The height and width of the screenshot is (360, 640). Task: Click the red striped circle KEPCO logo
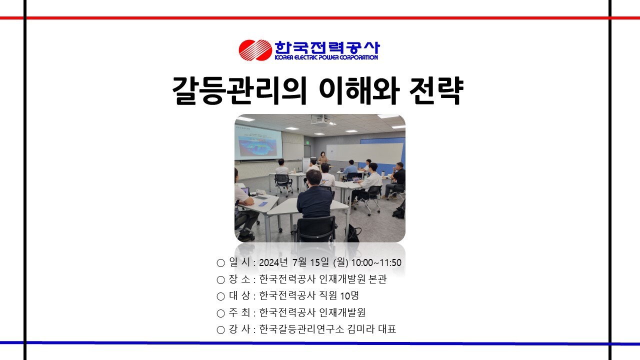(255, 50)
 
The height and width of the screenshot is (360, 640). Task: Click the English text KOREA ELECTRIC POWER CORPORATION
(326, 57)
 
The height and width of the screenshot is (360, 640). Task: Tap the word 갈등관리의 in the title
(239, 90)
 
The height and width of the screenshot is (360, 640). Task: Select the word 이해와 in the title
(358, 90)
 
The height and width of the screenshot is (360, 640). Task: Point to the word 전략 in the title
(436, 90)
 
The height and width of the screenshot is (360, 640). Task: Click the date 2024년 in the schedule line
(273, 262)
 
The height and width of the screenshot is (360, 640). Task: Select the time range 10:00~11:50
(376, 263)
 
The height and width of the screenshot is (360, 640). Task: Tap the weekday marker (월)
(341, 262)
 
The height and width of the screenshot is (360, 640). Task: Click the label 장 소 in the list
(239, 279)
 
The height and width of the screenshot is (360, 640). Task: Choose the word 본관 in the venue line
(377, 279)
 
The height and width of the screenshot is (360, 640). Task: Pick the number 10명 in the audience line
(349, 295)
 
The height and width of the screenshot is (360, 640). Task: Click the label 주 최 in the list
(239, 312)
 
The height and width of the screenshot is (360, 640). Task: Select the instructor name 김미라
(361, 329)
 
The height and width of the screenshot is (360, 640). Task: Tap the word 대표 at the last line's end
(387, 329)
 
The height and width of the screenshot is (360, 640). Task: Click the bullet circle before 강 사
(220, 330)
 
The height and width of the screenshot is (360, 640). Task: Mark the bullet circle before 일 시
(220, 263)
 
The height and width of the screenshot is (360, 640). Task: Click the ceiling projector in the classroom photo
(322, 119)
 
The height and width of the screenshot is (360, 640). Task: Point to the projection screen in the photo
(258, 143)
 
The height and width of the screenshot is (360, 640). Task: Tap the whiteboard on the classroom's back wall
(364, 153)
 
